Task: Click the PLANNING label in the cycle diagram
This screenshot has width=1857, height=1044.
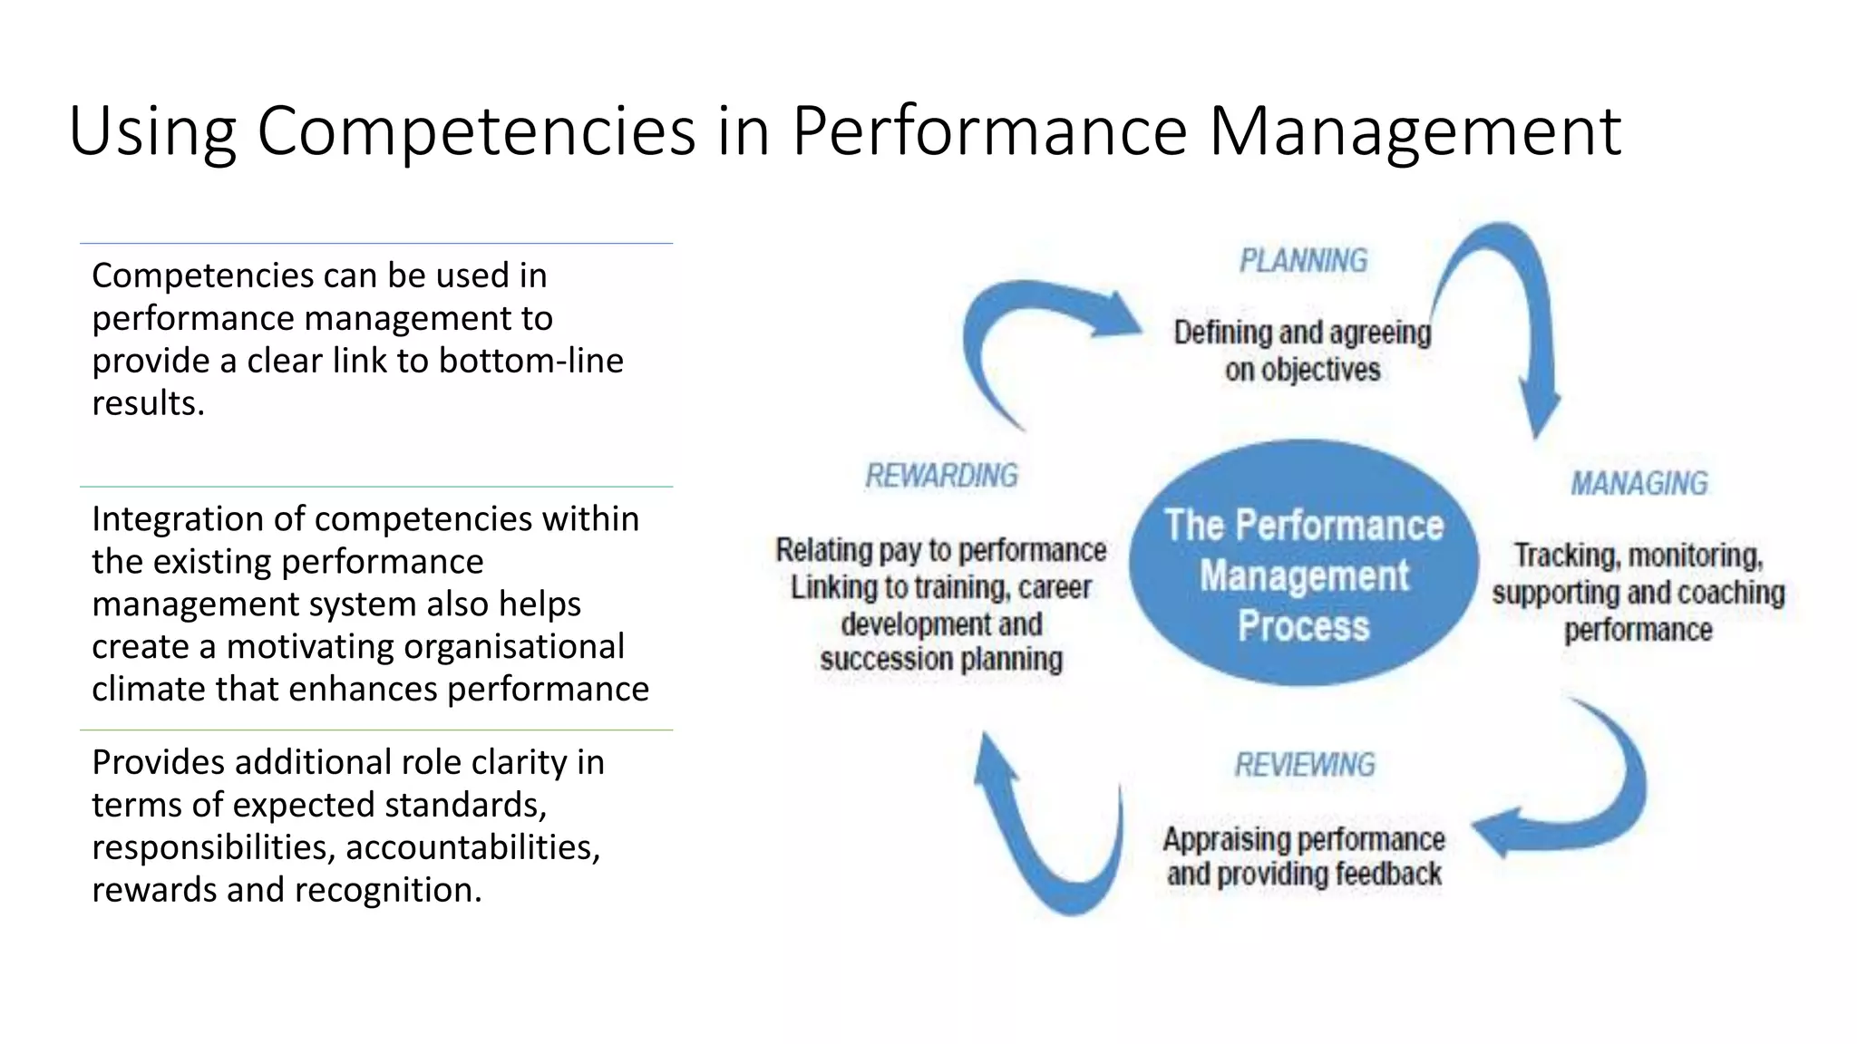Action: [x=1303, y=261]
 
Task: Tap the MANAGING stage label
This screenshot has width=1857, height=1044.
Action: [x=1638, y=483]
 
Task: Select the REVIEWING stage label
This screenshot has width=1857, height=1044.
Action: [x=1304, y=765]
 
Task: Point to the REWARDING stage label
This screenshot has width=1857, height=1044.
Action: [x=941, y=476]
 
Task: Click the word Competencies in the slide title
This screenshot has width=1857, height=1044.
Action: [x=476, y=130]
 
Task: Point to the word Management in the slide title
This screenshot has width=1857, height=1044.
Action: [x=1415, y=130]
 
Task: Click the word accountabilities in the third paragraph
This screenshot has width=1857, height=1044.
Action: [x=472, y=847]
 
